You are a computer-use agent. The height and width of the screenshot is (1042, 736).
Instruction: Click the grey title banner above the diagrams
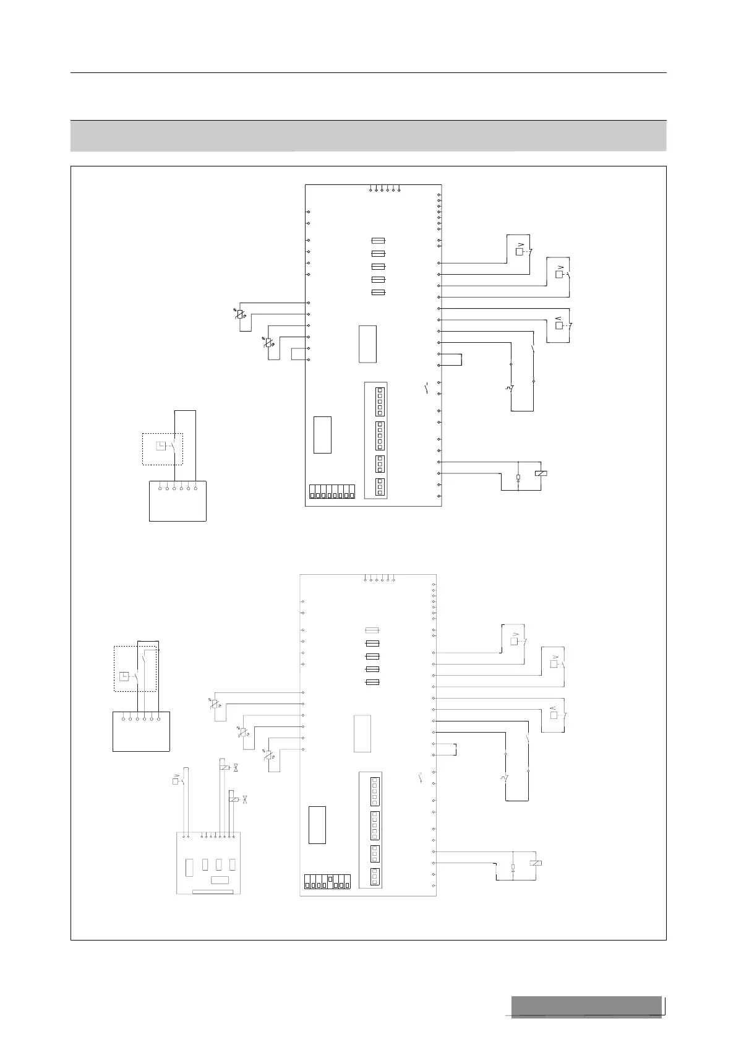[368, 136]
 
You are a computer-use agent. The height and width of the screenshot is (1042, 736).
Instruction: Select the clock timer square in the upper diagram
[160, 446]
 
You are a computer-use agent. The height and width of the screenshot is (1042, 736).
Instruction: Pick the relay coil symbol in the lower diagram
[537, 863]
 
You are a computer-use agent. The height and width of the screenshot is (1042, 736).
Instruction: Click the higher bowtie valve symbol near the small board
[235, 768]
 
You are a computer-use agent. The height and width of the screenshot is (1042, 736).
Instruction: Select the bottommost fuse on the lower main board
[372, 682]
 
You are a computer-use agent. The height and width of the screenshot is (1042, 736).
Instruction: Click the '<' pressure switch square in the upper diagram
[559, 325]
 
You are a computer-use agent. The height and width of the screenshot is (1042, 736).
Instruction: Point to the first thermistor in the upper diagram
[240, 314]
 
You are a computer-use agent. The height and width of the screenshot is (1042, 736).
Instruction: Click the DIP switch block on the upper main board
[332, 493]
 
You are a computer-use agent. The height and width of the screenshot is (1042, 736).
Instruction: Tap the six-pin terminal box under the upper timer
[178, 501]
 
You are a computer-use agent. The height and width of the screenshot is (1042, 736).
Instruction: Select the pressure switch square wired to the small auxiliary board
[175, 781]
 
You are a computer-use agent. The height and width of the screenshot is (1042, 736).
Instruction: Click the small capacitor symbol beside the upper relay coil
[518, 477]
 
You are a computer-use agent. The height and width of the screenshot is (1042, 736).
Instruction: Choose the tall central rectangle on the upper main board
[367, 343]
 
